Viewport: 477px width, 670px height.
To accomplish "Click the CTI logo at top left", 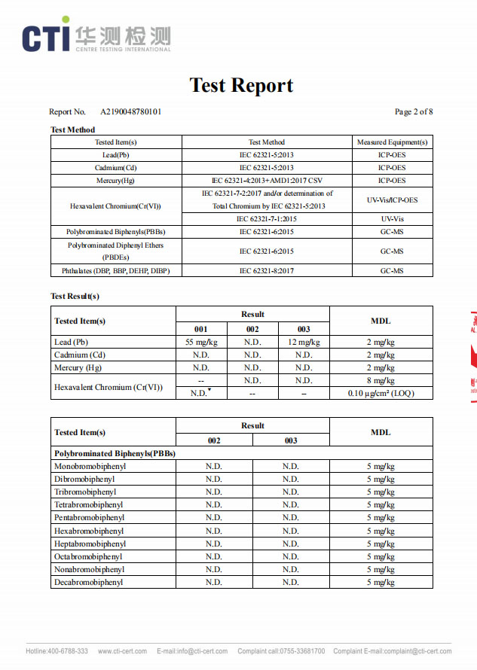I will click(x=96, y=35).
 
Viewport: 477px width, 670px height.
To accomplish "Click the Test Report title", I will click(x=241, y=85).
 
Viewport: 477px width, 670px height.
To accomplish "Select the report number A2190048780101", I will click(x=130, y=112).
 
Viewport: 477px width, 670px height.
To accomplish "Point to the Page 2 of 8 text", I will click(x=414, y=112).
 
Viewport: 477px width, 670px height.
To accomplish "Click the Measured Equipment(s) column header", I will click(x=392, y=142).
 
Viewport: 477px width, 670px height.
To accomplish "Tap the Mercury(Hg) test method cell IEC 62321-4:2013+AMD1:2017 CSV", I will click(x=267, y=181).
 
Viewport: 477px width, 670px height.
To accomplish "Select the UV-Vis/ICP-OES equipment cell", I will click(x=392, y=199).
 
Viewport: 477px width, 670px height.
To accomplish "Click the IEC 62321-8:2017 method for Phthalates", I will click(x=267, y=270).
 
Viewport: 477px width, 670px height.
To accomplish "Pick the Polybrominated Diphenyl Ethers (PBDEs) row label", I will click(x=116, y=251).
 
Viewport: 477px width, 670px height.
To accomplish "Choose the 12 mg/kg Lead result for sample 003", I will click(x=304, y=342).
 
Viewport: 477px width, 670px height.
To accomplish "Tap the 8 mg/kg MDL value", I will click(x=381, y=381).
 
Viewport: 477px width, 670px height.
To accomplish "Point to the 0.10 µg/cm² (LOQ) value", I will click(x=381, y=393).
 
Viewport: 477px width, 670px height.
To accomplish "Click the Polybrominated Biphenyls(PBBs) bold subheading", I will click(x=115, y=453).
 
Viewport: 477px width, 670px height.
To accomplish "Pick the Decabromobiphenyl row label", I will click(x=88, y=582).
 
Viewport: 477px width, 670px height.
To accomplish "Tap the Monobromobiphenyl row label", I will click(x=90, y=466).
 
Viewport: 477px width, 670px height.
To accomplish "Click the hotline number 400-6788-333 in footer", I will click(x=69, y=651).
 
